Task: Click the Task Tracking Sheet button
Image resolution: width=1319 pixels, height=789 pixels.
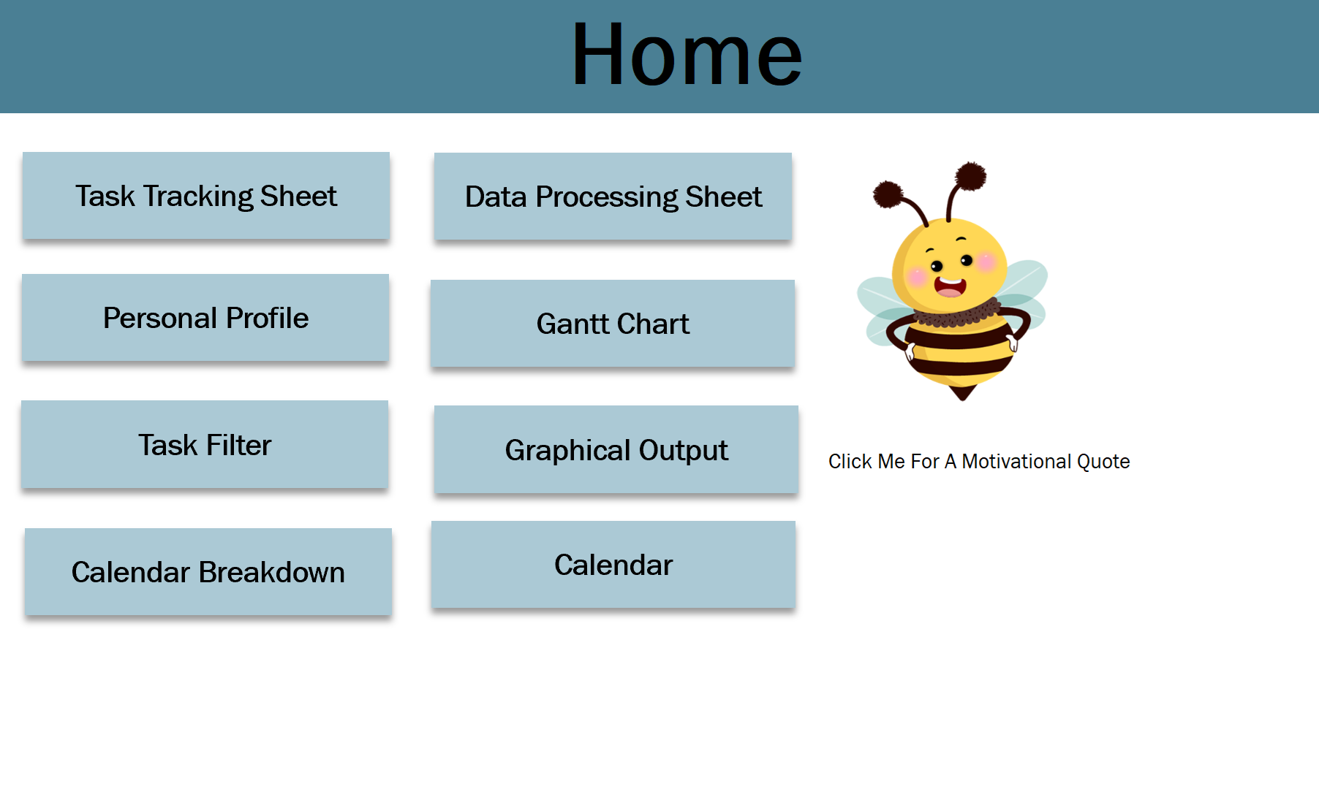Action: (206, 196)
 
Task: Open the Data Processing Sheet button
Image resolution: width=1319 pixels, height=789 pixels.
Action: (613, 197)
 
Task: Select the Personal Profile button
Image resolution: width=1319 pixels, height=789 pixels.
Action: (205, 318)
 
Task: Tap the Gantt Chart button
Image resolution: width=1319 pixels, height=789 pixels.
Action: (613, 323)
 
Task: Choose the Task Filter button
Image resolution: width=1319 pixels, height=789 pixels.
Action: (205, 444)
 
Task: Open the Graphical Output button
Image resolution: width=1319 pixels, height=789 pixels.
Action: (616, 449)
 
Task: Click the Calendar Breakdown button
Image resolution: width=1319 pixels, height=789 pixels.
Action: (208, 572)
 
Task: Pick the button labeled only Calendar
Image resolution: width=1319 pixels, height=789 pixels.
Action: (613, 565)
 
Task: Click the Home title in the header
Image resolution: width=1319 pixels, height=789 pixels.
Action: (687, 55)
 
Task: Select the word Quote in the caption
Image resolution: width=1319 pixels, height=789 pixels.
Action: (1103, 462)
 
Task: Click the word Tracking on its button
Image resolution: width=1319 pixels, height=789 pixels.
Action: (198, 197)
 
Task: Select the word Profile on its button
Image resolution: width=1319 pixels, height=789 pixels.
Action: (267, 318)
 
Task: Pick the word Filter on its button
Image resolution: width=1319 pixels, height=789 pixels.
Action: (238, 445)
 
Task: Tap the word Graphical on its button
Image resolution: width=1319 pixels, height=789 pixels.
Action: (569, 451)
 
